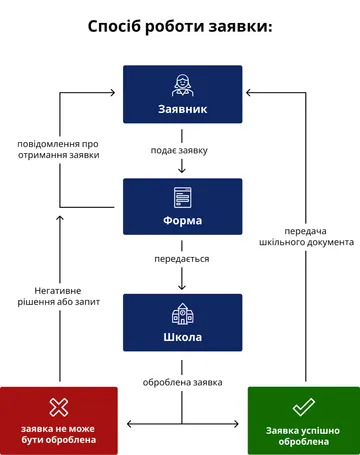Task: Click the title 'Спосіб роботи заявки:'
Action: point(180,27)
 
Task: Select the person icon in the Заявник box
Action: point(181,84)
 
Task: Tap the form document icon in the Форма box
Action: point(181,197)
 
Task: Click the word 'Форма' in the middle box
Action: point(181,221)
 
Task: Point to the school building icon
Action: point(181,313)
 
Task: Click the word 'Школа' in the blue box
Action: point(181,337)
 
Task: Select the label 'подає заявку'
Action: point(181,151)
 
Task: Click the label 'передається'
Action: point(181,259)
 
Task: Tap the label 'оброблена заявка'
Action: point(181,382)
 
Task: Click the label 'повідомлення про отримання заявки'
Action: point(58,150)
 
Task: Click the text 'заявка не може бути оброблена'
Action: point(59,433)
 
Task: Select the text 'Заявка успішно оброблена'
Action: point(304,433)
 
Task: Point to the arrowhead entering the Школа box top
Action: point(181,288)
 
